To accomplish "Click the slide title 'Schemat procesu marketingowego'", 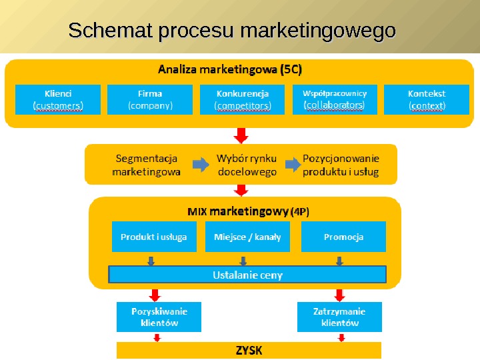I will (x=232, y=31).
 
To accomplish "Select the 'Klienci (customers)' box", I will (x=58, y=99).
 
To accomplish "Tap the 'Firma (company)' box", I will (x=150, y=99).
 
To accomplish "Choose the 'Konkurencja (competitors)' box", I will (x=243, y=99).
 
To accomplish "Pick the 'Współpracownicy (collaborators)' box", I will (x=334, y=99).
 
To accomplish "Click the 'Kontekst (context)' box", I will (x=427, y=99).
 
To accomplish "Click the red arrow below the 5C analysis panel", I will (x=242, y=135).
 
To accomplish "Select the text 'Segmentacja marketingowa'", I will (x=146, y=165).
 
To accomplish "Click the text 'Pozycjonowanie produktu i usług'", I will (x=341, y=165).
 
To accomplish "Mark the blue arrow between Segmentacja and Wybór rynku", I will (x=200, y=165).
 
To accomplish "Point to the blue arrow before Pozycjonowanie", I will (x=292, y=165).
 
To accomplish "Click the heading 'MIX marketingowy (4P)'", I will (x=248, y=211).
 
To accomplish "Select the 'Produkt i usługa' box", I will (x=154, y=237).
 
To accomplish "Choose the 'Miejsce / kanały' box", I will (x=247, y=237).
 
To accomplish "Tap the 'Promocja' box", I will (x=343, y=237).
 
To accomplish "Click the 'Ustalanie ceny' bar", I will (x=247, y=275).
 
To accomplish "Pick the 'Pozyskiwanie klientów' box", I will (x=159, y=317).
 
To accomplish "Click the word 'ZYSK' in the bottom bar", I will (x=249, y=350).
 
